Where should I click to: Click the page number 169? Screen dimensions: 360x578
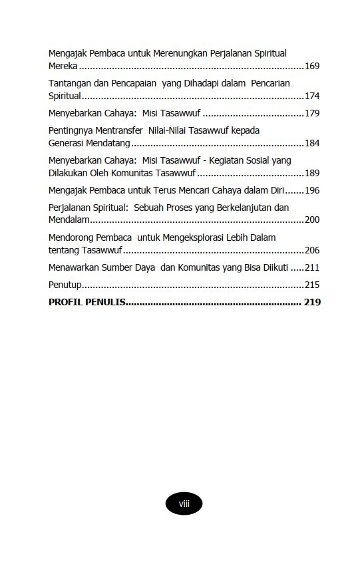point(312,67)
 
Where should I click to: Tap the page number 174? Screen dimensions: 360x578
point(312,96)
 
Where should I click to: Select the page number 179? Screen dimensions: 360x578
point(312,113)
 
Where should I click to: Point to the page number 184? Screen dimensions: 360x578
point(312,143)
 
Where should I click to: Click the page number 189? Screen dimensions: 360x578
point(312,173)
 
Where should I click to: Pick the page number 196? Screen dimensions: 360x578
point(312,190)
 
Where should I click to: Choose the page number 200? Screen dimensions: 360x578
point(312,220)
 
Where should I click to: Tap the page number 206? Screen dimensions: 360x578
point(312,250)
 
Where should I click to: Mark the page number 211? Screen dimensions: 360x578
point(312,267)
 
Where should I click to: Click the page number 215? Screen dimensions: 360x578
point(312,285)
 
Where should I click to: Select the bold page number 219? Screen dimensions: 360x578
point(312,302)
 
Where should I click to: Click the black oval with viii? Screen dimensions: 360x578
point(184,504)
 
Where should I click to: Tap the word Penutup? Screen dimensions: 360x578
point(65,285)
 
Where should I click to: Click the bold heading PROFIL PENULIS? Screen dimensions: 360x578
point(87,302)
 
